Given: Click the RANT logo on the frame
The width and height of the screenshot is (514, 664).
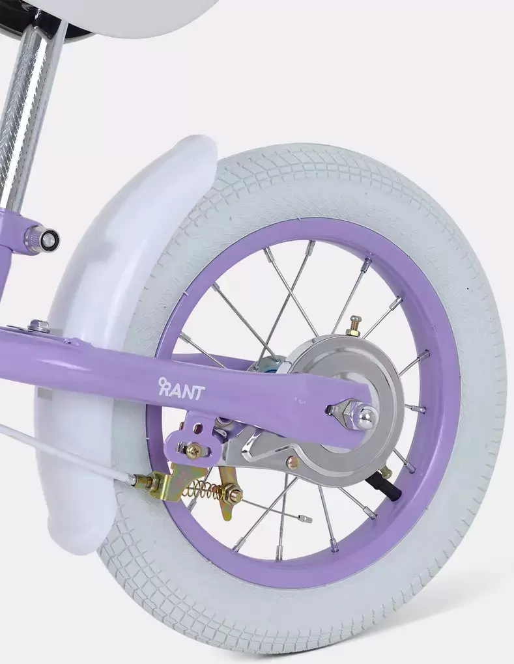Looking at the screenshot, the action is pos(181,389).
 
